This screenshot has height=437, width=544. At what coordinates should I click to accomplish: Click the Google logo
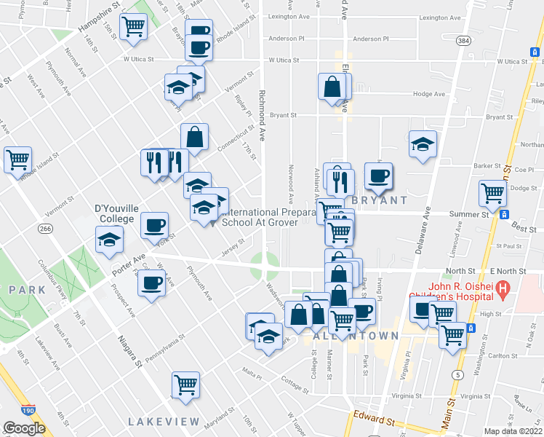24,428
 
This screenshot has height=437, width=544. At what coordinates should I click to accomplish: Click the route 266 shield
46,229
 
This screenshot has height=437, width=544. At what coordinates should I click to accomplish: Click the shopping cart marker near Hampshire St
134,26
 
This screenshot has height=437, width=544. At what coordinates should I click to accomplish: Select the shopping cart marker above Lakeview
186,384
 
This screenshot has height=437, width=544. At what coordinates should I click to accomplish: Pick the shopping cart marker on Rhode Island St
17,159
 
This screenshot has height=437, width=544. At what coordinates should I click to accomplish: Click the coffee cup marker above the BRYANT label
378,175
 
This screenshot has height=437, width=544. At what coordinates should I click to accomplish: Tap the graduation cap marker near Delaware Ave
423,143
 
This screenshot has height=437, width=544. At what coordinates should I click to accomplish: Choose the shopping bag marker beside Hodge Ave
332,86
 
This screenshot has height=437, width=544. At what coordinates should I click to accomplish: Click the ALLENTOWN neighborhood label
356,336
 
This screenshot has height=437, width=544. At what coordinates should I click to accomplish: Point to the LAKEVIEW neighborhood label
164,422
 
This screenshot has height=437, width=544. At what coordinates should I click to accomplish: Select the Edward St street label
373,420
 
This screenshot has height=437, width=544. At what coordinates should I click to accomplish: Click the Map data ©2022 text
513,431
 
